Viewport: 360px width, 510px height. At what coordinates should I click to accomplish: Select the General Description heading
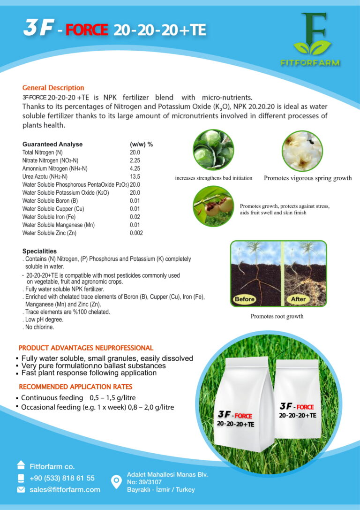pyautogui.click(x=53, y=88)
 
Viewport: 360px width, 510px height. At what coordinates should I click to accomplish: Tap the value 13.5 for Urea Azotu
pyautogui.click(x=135, y=176)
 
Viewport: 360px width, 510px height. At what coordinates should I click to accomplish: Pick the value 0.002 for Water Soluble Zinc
pyautogui.click(x=136, y=233)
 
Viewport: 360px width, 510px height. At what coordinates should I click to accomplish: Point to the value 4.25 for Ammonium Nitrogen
pyautogui.click(x=135, y=168)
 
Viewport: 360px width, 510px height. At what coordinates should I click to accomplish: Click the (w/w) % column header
pyautogui.click(x=141, y=145)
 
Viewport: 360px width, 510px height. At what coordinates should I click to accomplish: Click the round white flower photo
pyautogui.click(x=302, y=151)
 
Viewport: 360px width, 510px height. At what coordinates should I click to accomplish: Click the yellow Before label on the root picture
pyautogui.click(x=245, y=299)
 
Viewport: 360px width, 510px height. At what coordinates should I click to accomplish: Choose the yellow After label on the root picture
pyautogui.click(x=298, y=299)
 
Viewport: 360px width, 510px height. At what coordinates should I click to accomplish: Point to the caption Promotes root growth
pyautogui.click(x=277, y=316)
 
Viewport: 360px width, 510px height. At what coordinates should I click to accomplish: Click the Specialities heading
pyautogui.click(x=39, y=251)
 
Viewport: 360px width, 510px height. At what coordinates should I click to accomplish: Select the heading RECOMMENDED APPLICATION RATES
pyautogui.click(x=75, y=387)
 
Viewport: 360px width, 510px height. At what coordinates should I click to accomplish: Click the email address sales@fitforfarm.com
pyautogui.click(x=65, y=489)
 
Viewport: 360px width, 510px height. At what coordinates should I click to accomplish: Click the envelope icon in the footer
pyautogui.click(x=21, y=489)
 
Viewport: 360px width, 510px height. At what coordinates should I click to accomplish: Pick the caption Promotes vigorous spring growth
pyautogui.click(x=307, y=178)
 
